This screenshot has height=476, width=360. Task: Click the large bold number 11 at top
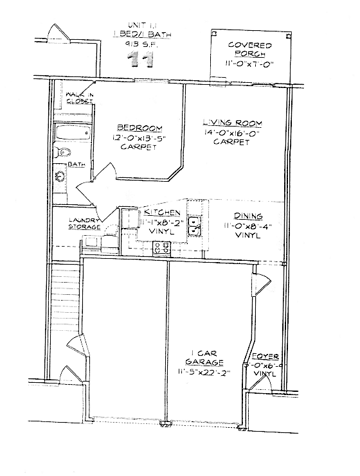pyautogui.click(x=141, y=60)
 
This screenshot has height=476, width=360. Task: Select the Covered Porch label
pyautogui.click(x=249, y=49)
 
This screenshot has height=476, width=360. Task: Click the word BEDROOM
pyautogui.click(x=139, y=128)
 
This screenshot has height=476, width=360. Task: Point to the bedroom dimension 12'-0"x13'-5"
pyautogui.click(x=138, y=137)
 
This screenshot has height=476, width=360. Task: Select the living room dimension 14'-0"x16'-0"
pyautogui.click(x=232, y=133)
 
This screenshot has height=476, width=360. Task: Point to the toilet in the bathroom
pyautogui.click(x=62, y=153)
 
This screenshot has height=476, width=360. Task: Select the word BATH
pyautogui.click(x=77, y=165)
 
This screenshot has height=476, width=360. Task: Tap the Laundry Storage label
pyautogui.click(x=84, y=224)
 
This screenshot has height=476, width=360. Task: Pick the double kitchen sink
pyautogui.click(x=194, y=225)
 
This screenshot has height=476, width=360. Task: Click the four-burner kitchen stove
pyautogui.click(x=161, y=247)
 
